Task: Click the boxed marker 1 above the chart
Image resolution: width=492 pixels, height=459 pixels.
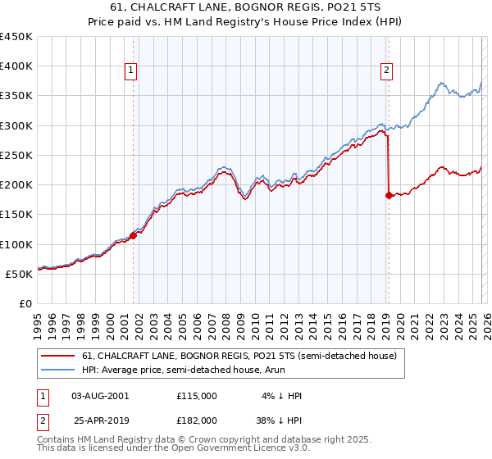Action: tap(131, 71)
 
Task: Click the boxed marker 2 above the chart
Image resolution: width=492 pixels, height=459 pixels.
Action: tap(386, 71)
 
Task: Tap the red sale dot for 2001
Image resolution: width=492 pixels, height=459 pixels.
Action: tap(133, 235)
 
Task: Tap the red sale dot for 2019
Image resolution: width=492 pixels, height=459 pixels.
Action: tap(389, 195)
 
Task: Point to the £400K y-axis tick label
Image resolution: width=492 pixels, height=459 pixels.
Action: tap(16, 66)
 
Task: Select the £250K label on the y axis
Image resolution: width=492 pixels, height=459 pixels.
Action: tap(16, 155)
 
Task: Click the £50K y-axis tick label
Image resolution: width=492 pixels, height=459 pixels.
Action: tap(20, 274)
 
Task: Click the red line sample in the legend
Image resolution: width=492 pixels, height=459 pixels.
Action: tap(58, 356)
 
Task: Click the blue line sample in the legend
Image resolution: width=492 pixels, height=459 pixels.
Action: tap(58, 370)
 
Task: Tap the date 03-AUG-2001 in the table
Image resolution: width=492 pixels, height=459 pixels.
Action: tap(100, 395)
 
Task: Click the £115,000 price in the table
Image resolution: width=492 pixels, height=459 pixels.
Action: tap(197, 395)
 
